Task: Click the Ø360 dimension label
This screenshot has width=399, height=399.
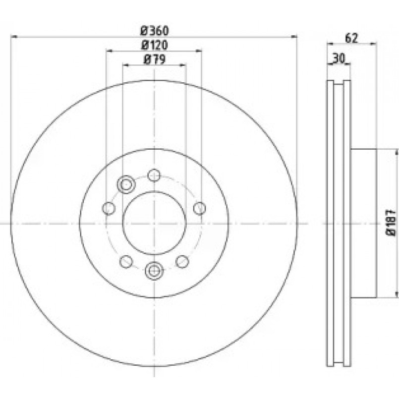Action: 155,31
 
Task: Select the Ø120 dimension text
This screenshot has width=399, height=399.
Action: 155,45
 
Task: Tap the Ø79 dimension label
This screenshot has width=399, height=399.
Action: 155,59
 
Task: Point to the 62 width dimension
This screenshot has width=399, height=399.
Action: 351,38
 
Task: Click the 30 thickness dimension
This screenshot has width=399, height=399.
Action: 339,59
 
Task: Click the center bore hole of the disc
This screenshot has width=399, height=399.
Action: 155,223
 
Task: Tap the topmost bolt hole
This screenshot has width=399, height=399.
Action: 154,175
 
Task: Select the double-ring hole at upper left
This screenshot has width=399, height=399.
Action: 126,184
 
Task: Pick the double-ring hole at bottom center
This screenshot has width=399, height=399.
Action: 154,271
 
